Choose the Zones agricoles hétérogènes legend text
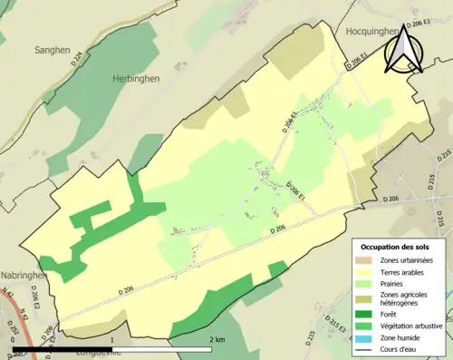pos(407,298)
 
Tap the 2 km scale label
pos(217,339)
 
